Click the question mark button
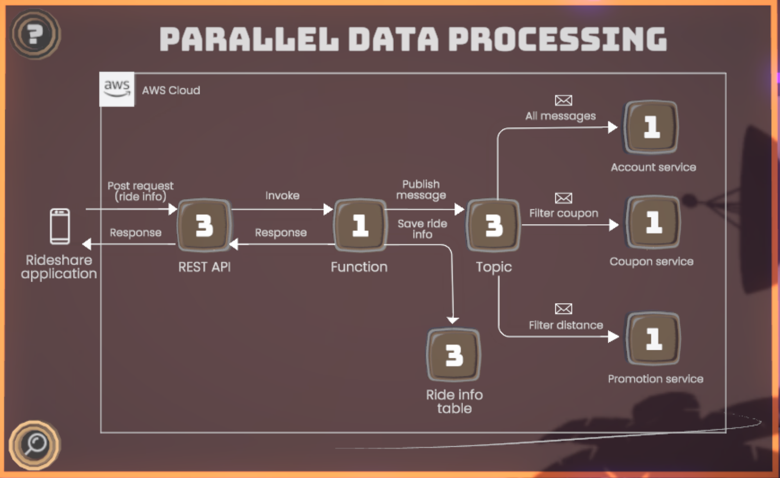pyautogui.click(x=35, y=34)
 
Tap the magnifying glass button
pyautogui.click(x=35, y=445)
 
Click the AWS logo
pyautogui.click(x=117, y=89)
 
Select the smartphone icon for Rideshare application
pyautogui.click(x=59, y=226)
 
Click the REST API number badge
pyautogui.click(x=204, y=225)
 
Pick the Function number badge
pyautogui.click(x=359, y=225)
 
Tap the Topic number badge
pyautogui.click(x=493, y=225)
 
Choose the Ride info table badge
pyautogui.click(x=454, y=355)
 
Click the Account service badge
pyautogui.click(x=651, y=127)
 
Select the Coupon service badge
pyautogui.click(x=653, y=222)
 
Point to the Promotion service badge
pyautogui.click(x=653, y=338)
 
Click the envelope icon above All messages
pyautogui.click(x=563, y=101)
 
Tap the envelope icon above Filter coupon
pyautogui.click(x=563, y=198)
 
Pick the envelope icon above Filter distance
pyautogui.click(x=563, y=309)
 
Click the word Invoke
pyautogui.click(x=282, y=195)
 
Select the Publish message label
pyautogui.click(x=421, y=190)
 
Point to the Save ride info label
pyautogui.click(x=422, y=229)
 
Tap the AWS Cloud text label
pyautogui.click(x=171, y=90)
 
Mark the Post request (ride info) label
pyautogui.click(x=140, y=191)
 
